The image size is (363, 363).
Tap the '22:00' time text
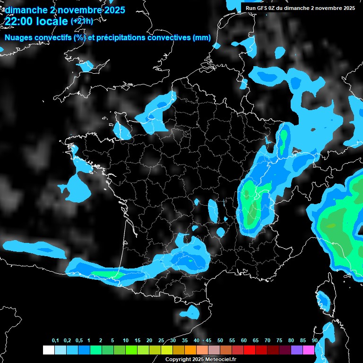coord(19,21)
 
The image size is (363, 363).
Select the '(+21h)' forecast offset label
coord(82,21)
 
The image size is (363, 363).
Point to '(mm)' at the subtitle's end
coord(201,38)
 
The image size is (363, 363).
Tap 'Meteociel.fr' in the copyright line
coord(221,359)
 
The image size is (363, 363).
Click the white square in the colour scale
coord(48,350)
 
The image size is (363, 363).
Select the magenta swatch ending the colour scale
coord(309,350)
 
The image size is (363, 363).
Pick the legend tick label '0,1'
coord(55,341)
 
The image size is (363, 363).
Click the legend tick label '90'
coord(315,341)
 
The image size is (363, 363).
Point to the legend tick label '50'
coord(220,341)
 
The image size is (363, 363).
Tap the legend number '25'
coord(161,341)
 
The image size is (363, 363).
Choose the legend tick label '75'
coord(279,341)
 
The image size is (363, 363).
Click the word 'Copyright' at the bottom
coord(178,359)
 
